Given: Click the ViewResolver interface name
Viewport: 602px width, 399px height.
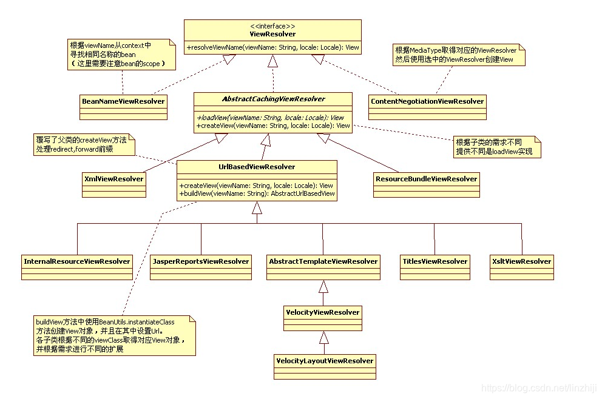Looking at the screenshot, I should click(x=272, y=34).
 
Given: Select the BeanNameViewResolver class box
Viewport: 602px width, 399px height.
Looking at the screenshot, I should click(x=123, y=101).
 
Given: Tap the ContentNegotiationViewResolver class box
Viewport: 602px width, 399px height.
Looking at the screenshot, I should click(x=427, y=101).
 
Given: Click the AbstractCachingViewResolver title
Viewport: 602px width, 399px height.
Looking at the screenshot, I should click(x=272, y=99).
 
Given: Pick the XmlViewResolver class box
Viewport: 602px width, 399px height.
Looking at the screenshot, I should click(x=113, y=179).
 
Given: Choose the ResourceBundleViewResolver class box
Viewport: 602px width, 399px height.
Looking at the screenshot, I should click(x=426, y=179).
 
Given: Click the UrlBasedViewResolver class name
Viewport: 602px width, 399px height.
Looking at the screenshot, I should click(x=257, y=167).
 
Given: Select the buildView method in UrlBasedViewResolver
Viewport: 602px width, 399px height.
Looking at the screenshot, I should click(x=257, y=193).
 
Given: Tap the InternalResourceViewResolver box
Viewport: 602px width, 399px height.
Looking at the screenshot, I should click(x=77, y=262).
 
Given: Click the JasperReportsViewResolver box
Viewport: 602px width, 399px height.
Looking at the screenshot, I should click(x=200, y=262).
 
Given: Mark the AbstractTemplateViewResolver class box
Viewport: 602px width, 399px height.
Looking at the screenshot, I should click(x=323, y=262).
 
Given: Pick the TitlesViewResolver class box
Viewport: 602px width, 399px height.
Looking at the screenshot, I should click(x=435, y=262).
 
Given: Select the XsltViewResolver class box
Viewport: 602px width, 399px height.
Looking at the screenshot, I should click(x=521, y=262).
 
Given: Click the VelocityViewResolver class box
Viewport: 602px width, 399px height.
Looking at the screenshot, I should click(x=323, y=313).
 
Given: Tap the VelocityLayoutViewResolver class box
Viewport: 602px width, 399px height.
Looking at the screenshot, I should click(x=325, y=361).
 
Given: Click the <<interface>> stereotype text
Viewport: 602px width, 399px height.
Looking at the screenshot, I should click(x=272, y=26).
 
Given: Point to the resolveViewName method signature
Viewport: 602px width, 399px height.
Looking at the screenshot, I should click(x=272, y=47).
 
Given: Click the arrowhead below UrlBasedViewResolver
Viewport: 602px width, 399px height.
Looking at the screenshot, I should click(x=257, y=208).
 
